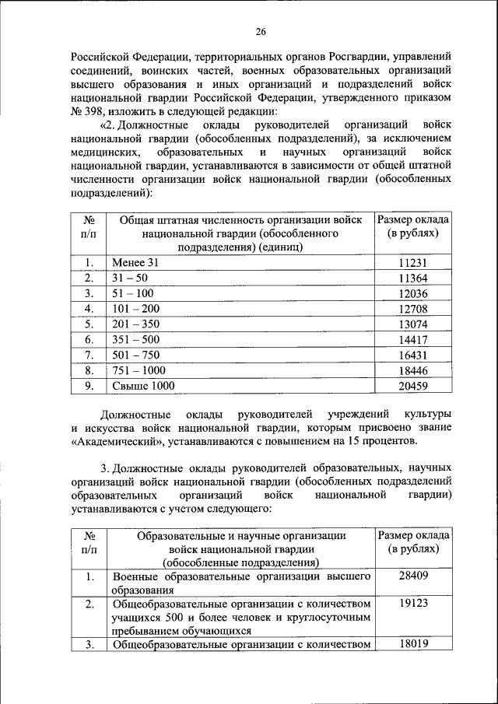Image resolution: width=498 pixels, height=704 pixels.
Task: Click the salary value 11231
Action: (412, 264)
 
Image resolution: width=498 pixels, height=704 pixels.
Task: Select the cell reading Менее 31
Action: (135, 264)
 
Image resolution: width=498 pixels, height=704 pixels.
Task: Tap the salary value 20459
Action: (412, 385)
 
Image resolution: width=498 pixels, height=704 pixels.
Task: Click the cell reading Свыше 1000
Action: (143, 385)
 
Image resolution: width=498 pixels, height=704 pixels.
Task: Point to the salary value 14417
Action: (412, 339)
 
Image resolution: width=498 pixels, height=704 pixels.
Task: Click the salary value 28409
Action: (412, 576)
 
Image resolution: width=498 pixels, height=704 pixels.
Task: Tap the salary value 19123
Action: (412, 603)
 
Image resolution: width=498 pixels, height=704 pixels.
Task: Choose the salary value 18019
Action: (412, 643)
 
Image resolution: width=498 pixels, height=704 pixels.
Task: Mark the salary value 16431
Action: (412, 355)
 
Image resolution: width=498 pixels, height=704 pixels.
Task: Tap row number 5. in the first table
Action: (89, 324)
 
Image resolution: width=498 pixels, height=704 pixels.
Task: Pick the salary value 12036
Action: (412, 294)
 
